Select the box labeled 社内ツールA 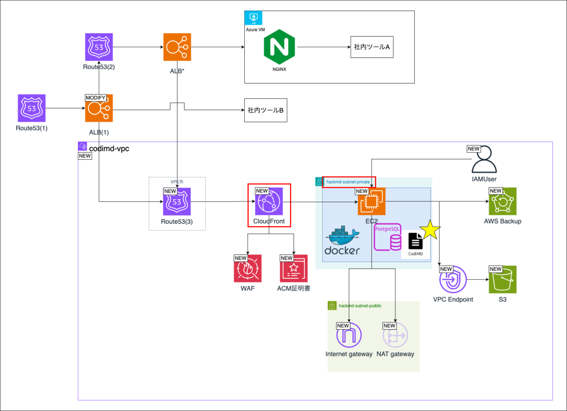(372, 47)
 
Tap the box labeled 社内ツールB (266, 110)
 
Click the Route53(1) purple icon (32, 108)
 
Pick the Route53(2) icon (99, 47)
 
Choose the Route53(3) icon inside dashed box (177, 202)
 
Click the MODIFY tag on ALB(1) (95, 97)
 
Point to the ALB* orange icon (177, 47)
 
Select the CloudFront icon (269, 202)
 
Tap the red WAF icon (248, 268)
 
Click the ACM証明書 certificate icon (294, 268)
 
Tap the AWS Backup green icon (503, 202)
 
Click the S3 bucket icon (503, 280)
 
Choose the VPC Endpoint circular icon (453, 280)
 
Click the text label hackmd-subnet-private (349, 182)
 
